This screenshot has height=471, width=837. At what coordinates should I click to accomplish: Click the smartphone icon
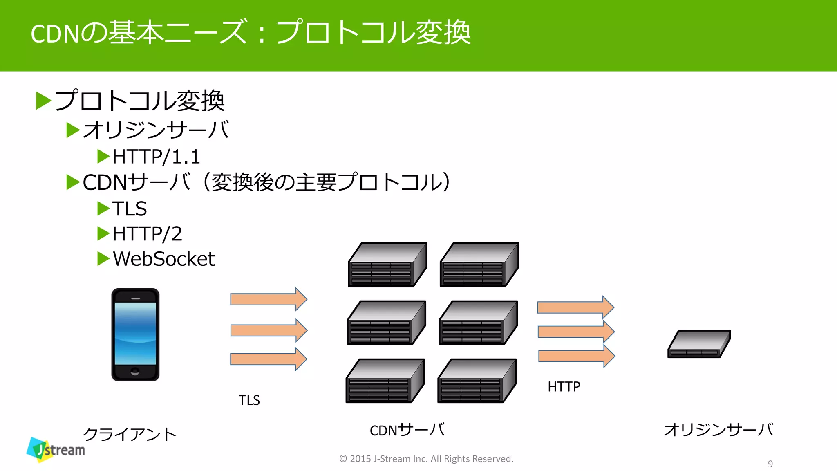click(135, 334)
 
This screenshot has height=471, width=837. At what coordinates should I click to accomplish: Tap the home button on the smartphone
click(135, 372)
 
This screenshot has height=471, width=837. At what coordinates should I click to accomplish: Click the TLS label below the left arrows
click(249, 400)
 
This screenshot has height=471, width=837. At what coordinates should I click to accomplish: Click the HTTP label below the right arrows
click(564, 386)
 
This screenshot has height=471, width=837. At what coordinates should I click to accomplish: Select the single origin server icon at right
click(699, 344)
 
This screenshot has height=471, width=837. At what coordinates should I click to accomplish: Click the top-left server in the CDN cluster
click(387, 265)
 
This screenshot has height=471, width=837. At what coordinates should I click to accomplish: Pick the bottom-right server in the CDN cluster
click(477, 381)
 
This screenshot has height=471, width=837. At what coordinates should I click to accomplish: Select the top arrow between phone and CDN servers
click(269, 299)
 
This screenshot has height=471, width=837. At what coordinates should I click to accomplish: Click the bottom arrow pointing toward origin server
click(576, 356)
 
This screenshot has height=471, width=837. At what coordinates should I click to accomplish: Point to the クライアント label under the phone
click(130, 434)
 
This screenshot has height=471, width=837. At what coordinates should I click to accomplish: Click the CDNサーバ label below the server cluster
click(407, 430)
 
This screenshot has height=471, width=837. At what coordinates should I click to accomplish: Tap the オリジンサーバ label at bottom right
click(718, 430)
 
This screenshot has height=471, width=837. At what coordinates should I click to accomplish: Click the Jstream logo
click(56, 450)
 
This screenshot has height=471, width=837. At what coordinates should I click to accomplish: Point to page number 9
click(770, 464)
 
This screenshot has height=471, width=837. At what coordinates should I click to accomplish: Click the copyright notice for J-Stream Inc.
click(426, 459)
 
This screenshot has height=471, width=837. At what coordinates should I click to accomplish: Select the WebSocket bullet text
click(163, 259)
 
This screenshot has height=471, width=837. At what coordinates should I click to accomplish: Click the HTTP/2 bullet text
click(147, 234)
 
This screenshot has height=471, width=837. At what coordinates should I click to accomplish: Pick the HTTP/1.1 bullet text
click(156, 157)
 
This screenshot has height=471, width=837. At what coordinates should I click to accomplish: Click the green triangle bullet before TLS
click(103, 209)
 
